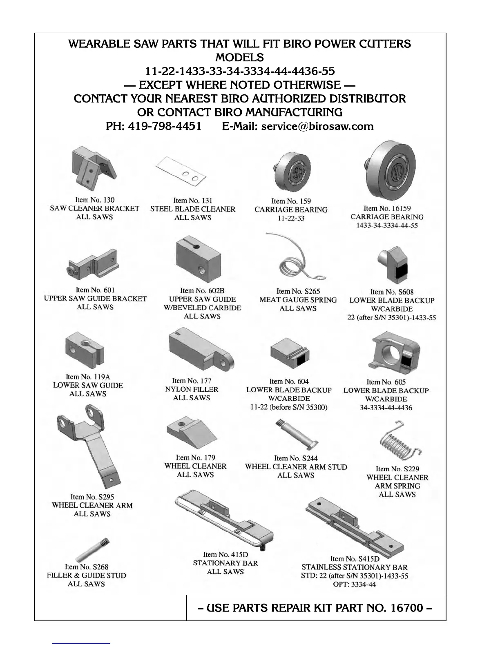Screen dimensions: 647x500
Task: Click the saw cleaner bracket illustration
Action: point(93,168)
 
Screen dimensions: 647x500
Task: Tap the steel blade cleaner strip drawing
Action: point(181,172)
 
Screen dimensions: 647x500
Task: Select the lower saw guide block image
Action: point(84,351)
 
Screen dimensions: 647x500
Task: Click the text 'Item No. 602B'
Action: point(202,291)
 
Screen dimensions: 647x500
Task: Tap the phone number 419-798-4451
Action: point(165,126)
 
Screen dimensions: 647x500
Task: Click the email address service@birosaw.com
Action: point(317,126)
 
